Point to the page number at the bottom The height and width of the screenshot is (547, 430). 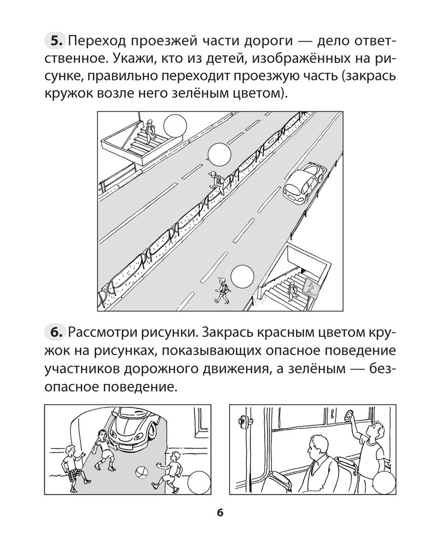point(219,513)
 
